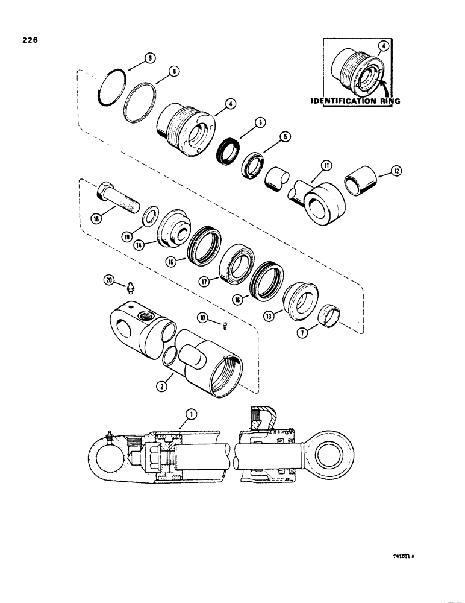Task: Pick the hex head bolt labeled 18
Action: (x=119, y=196)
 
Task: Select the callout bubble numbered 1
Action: (x=191, y=414)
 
